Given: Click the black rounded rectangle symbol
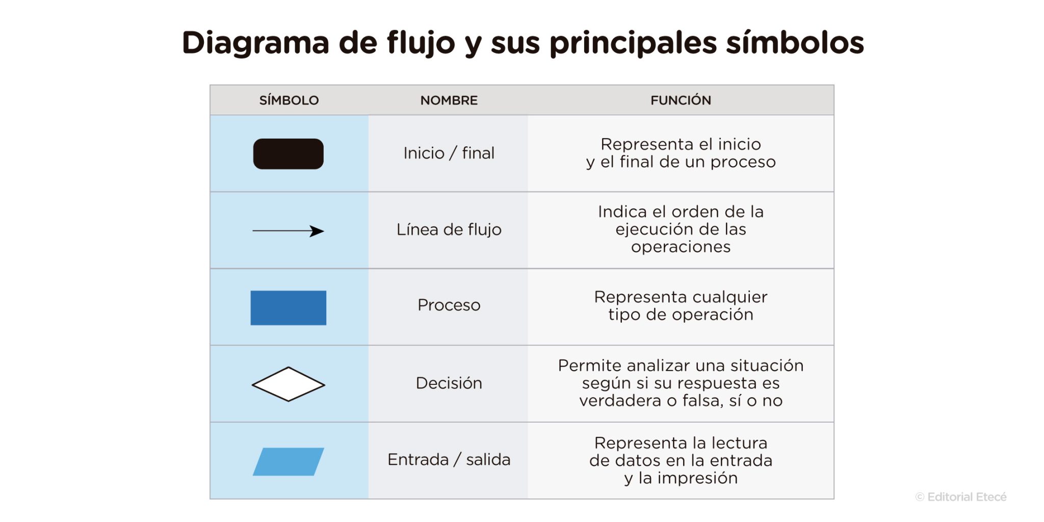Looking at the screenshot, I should click(x=288, y=153).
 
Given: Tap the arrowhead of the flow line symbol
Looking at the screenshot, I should click(x=318, y=231).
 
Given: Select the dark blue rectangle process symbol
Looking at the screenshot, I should click(x=288, y=307).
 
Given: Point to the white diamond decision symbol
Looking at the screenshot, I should click(x=288, y=384).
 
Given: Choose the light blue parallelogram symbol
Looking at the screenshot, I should click(x=288, y=461).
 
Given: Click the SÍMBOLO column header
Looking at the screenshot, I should click(x=289, y=100).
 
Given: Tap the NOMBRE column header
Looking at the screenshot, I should click(x=449, y=100).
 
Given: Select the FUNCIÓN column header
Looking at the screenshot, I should click(x=681, y=100).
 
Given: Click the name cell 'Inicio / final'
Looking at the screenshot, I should click(x=449, y=153).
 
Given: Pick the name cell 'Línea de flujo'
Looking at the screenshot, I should click(x=449, y=229).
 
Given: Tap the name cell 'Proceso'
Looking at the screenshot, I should click(x=449, y=305).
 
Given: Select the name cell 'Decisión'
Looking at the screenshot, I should click(x=449, y=383).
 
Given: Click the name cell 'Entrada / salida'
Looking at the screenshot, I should click(x=449, y=459).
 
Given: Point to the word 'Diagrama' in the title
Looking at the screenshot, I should click(x=255, y=42).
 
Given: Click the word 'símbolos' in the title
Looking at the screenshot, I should click(x=795, y=42).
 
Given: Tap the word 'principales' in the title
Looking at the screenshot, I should click(x=633, y=43).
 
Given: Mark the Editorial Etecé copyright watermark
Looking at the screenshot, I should click(x=960, y=497).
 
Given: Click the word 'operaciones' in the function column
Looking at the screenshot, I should click(x=681, y=247).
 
